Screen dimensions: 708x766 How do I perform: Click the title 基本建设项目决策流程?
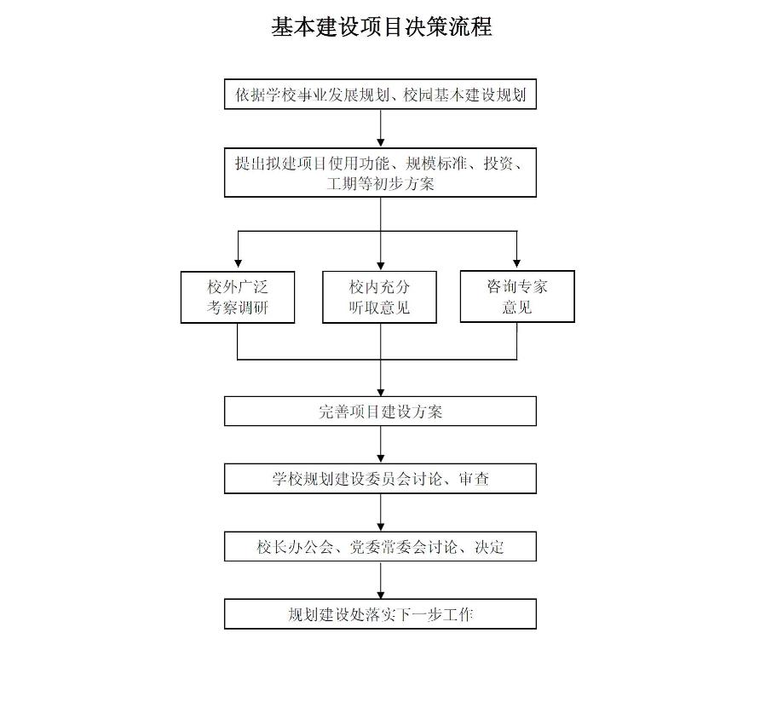point(381,26)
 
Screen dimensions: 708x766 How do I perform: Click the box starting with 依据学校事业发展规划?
point(381,95)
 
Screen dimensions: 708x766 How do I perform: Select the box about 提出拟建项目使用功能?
point(381,172)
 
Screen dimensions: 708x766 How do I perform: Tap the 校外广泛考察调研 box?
point(238,296)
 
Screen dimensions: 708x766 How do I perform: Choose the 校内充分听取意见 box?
point(379,296)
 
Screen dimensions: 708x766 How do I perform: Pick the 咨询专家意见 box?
point(517,296)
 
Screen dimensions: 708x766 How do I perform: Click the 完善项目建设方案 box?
point(381,412)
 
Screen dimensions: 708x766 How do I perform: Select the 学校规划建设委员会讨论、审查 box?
point(381,479)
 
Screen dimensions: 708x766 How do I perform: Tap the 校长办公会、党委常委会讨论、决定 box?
point(381,546)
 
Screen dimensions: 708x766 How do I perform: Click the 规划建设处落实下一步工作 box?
point(381,613)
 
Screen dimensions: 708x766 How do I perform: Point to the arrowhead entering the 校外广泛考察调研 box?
point(238,265)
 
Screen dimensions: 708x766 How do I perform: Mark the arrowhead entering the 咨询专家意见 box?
point(517,264)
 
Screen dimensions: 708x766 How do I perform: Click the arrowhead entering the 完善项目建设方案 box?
point(381,390)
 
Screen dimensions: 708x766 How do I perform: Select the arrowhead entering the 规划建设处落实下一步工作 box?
point(381,592)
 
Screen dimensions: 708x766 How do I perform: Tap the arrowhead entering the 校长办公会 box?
point(381,525)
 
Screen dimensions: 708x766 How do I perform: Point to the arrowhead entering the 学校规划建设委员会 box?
point(381,458)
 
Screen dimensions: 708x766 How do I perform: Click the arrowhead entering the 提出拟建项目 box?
point(381,141)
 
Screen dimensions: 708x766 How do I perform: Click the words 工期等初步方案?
point(381,183)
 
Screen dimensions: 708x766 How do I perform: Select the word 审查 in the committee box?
point(474,479)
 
